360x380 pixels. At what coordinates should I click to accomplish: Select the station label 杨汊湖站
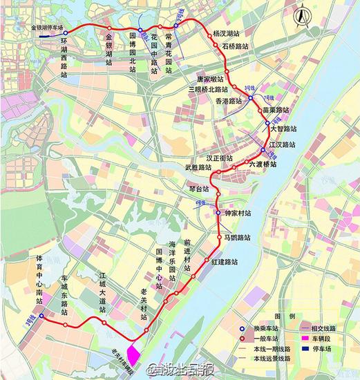226,32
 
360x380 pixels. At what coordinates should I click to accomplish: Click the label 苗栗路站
276,110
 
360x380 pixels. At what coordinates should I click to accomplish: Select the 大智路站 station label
283,129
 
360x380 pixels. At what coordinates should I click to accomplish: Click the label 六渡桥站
262,164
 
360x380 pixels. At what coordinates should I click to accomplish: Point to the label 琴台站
198,188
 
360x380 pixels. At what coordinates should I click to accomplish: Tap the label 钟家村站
238,214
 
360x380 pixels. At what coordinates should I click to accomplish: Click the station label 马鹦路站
237,238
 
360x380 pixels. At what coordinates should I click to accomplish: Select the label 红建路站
226,262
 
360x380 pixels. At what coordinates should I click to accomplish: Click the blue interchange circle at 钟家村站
218,213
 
